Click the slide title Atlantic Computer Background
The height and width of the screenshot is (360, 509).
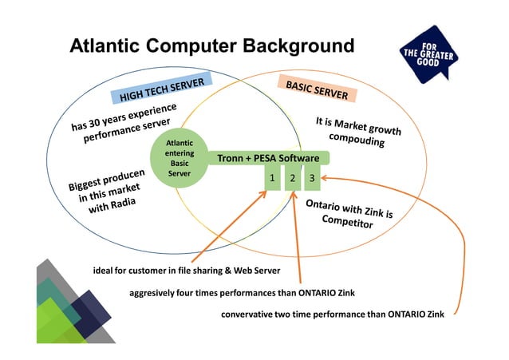[x=211, y=45]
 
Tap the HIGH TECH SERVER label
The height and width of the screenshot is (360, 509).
[x=163, y=90]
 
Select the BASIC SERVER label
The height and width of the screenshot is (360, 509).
[x=317, y=89]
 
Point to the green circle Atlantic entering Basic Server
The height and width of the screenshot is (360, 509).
[x=179, y=157]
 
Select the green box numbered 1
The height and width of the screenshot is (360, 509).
[x=272, y=178]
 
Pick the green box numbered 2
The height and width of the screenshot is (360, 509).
[x=293, y=178]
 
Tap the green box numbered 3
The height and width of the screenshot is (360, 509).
[x=312, y=178]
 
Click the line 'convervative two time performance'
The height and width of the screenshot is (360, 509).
[x=333, y=314]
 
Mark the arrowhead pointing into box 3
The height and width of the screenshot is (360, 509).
[x=325, y=178]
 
